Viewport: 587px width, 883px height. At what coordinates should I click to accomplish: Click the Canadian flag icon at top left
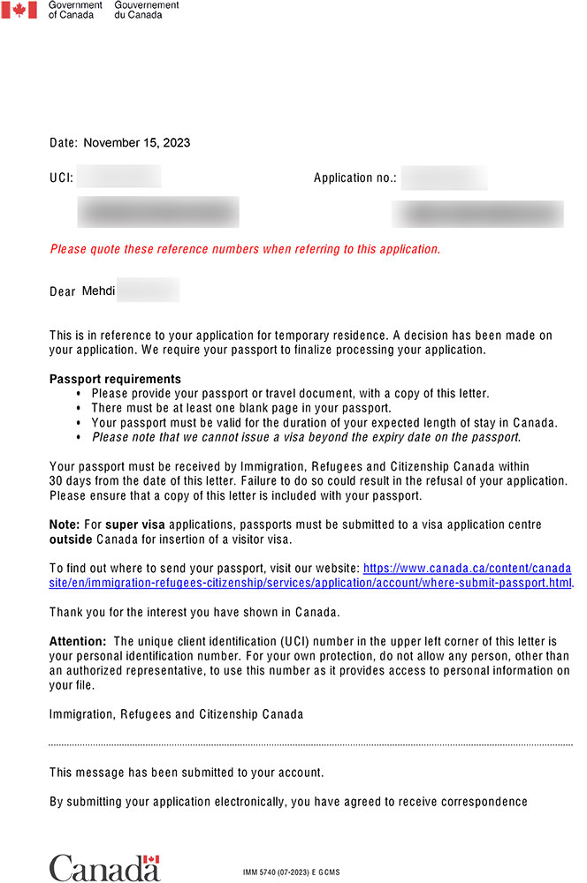point(19,11)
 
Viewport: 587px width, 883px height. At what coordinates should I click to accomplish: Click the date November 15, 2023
point(136,142)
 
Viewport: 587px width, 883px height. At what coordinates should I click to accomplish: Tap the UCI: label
point(61,178)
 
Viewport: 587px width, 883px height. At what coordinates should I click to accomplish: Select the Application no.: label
point(354,178)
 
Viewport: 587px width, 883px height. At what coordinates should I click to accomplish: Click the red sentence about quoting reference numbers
point(245,249)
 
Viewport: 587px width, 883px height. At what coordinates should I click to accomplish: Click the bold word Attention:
point(78,641)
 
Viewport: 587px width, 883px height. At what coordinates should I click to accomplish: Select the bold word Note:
point(64,525)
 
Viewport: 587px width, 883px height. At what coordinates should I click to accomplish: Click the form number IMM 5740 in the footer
point(264,872)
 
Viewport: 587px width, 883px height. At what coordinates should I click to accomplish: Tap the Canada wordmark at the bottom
point(104,867)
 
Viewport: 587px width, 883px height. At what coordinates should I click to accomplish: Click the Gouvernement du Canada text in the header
point(147,10)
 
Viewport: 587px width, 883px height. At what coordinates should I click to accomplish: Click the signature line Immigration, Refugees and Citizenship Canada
point(176,714)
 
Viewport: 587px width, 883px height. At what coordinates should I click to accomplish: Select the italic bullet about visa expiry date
point(306,436)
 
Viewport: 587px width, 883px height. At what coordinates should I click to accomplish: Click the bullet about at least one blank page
point(240,408)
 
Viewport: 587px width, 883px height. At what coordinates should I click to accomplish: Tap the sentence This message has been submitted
point(187,773)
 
